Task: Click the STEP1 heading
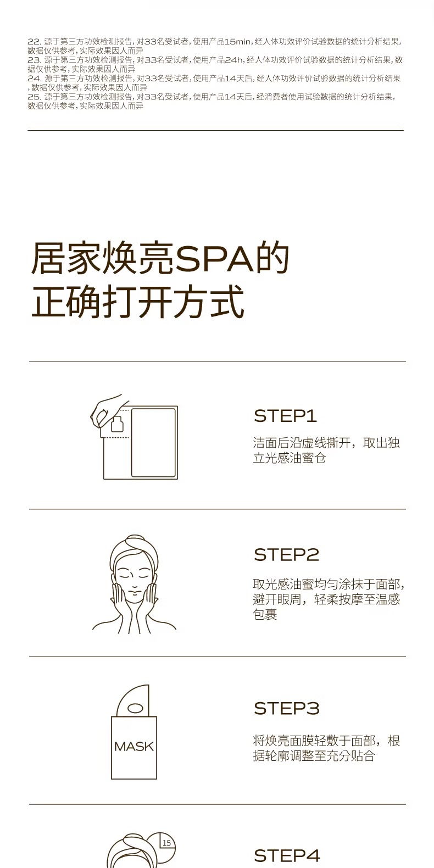(x=285, y=416)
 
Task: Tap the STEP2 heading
(x=286, y=555)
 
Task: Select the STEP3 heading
(x=286, y=709)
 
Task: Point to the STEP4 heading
(x=287, y=855)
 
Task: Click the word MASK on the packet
(x=134, y=747)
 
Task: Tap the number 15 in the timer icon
(x=166, y=843)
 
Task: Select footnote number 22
(x=34, y=41)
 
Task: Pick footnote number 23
(x=34, y=60)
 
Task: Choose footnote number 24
(x=34, y=79)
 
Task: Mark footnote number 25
(x=34, y=97)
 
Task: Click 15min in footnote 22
(x=237, y=41)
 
